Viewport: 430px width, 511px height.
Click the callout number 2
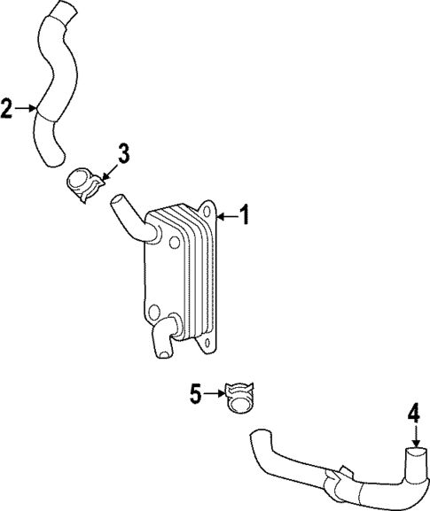(x=7, y=110)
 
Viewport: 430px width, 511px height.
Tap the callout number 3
(x=123, y=153)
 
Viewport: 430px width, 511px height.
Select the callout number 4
(x=414, y=413)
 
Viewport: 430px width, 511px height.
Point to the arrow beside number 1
(x=226, y=214)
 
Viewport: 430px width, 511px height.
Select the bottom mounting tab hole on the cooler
(x=207, y=344)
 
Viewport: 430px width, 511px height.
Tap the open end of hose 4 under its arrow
(x=415, y=454)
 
